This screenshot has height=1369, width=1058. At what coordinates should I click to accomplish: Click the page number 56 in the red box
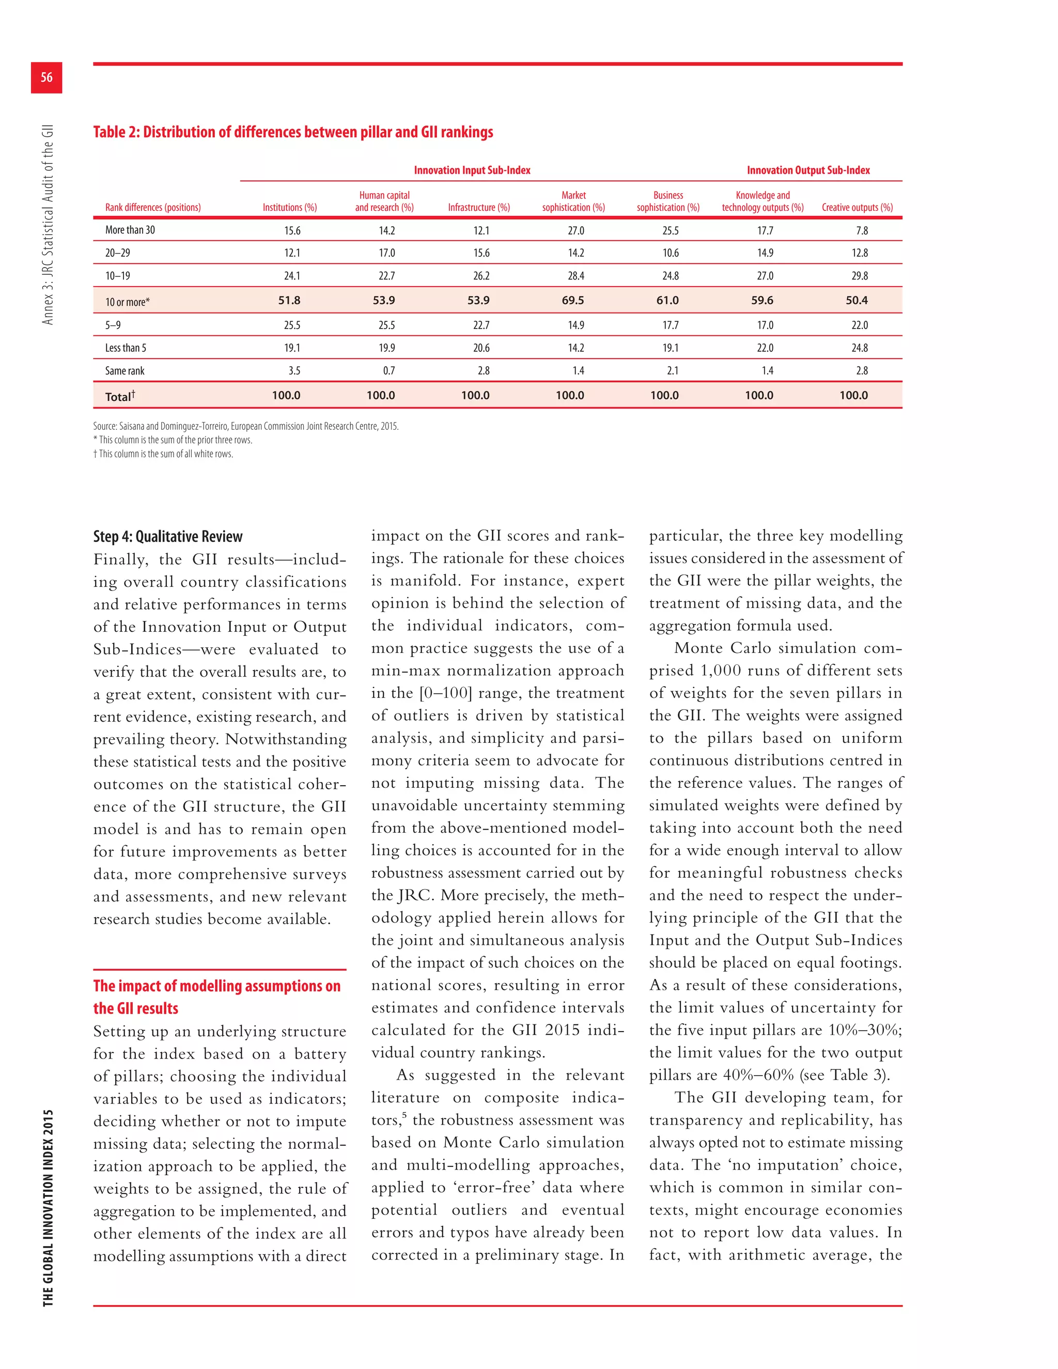tap(46, 77)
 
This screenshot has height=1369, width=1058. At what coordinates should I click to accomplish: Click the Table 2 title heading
tap(293, 132)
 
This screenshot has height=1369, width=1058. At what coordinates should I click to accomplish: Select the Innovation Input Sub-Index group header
tap(472, 170)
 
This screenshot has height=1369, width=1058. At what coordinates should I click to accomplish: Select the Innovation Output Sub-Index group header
tap(808, 170)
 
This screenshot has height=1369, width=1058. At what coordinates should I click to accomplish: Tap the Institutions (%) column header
tap(290, 208)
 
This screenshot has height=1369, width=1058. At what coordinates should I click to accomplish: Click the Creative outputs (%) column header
tap(857, 208)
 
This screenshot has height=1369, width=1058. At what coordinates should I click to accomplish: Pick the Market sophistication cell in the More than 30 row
tap(575, 231)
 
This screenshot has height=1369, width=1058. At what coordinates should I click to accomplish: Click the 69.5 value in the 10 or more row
tap(572, 300)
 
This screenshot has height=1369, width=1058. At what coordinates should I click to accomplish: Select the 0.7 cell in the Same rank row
tap(388, 371)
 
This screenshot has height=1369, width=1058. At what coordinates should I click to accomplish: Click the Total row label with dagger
tap(120, 396)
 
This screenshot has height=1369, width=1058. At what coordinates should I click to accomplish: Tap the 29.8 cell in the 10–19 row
tap(859, 276)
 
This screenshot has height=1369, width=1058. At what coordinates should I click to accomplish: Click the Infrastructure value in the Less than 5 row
tap(481, 348)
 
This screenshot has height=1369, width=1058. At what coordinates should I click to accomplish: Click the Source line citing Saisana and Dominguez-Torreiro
tap(246, 426)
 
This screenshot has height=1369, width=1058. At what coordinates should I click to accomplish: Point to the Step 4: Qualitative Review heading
tap(167, 537)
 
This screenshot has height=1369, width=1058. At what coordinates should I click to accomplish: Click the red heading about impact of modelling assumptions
tap(216, 997)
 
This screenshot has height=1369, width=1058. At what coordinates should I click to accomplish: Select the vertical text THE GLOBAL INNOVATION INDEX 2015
tap(48, 1207)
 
